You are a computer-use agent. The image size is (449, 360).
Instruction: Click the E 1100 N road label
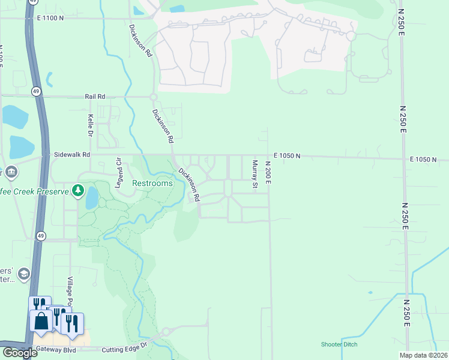pos(50,18)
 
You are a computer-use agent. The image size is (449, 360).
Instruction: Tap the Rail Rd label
pos(95,96)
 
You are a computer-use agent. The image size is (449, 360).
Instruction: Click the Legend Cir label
pos(119,174)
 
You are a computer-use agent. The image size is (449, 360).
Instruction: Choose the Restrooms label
pos(152,183)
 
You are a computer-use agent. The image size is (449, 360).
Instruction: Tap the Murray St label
pos(255,174)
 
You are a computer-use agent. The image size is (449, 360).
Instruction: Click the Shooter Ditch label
pos(339,344)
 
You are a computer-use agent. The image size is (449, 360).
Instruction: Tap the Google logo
pos(19,353)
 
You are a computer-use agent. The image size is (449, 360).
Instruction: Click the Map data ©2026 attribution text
pos(423,355)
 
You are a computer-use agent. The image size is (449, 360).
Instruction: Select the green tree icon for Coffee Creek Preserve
pos(77,191)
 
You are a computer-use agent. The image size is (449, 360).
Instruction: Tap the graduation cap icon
pos(23,274)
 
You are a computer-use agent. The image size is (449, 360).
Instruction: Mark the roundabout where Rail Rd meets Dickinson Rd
pos(153,97)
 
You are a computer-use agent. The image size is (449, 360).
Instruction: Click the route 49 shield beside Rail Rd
pos(37,91)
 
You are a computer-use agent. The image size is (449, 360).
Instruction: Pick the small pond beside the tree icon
pos(91,197)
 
